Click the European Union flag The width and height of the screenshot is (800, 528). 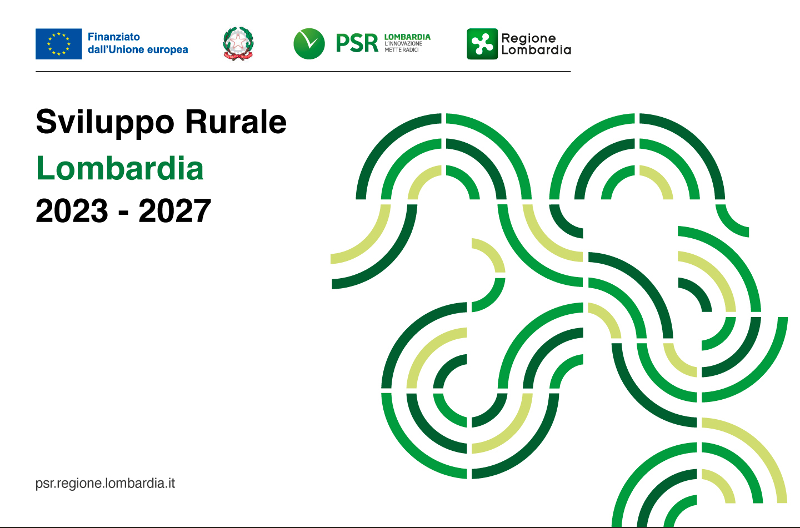(58, 44)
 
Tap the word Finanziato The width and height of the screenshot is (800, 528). (114, 37)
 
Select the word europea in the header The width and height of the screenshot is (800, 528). (168, 49)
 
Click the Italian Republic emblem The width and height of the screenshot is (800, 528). (238, 43)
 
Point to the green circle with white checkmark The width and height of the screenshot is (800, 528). (309, 43)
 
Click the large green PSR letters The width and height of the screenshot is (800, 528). (357, 43)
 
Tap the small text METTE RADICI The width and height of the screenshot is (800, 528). (402, 50)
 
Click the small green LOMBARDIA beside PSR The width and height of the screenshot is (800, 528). (407, 37)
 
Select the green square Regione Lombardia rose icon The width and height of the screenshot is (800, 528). (482, 43)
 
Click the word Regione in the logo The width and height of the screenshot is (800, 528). (528, 38)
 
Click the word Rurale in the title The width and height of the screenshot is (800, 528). (236, 122)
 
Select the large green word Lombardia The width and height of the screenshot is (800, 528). (119, 168)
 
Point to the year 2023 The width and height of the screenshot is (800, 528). (72, 210)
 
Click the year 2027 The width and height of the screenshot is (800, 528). (174, 210)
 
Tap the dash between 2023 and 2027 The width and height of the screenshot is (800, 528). (123, 214)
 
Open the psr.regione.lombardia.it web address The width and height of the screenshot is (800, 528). (105, 484)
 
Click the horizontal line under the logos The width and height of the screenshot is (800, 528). (303, 72)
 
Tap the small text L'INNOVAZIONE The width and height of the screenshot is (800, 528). (403, 43)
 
